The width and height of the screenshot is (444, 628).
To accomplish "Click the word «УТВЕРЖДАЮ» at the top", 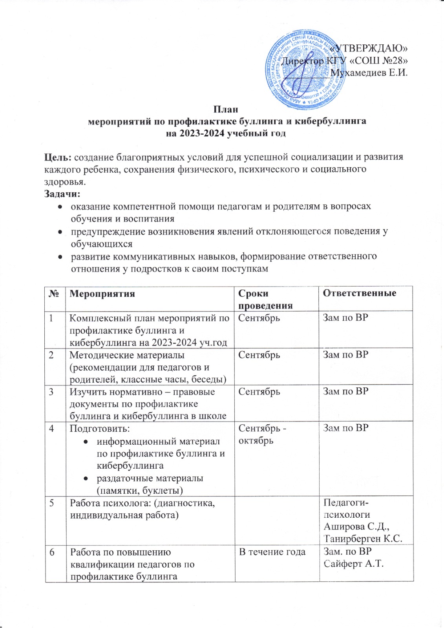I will [x=369, y=48].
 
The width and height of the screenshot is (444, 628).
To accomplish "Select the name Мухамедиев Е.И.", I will [x=369, y=73].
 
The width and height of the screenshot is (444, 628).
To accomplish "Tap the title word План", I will [x=226, y=109].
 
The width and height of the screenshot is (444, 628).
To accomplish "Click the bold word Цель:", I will [x=58, y=157].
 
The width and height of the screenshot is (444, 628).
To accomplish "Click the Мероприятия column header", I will [x=102, y=294].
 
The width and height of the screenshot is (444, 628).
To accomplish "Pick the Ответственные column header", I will [x=359, y=293].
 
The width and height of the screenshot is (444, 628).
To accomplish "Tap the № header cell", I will [x=55, y=294].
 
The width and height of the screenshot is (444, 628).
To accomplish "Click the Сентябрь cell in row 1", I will [x=259, y=318].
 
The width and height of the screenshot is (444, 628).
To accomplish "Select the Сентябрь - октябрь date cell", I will [x=262, y=434].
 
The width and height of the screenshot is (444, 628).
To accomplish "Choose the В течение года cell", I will [x=272, y=552].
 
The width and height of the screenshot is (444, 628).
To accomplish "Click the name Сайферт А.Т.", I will [x=353, y=564].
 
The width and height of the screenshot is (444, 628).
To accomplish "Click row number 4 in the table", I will [x=52, y=428].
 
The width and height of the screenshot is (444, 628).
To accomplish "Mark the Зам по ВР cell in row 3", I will [x=345, y=392].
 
